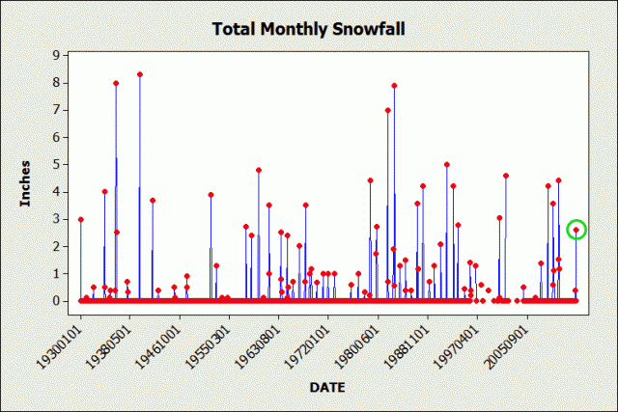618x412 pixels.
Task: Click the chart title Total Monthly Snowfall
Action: click(x=308, y=28)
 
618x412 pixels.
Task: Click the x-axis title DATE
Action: click(x=328, y=387)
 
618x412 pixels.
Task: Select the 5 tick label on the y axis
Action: click(x=58, y=164)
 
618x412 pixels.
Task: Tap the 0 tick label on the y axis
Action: click(x=58, y=301)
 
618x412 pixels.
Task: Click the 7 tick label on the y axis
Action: click(x=58, y=110)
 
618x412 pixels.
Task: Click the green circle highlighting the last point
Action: click(x=576, y=230)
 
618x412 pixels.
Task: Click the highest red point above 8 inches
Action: click(x=140, y=74)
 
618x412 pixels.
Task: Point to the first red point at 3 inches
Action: click(x=80, y=219)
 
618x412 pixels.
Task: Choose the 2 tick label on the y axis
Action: click(x=58, y=246)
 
